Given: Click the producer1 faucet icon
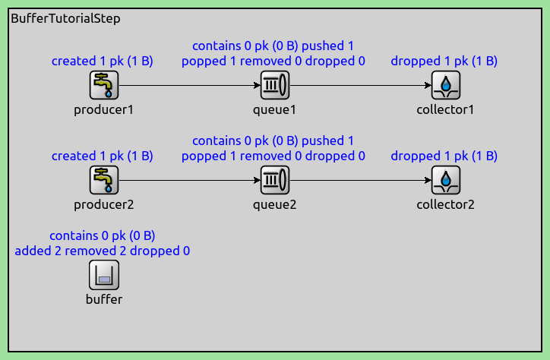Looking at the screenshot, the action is pos(104,85).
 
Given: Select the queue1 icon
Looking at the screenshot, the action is pos(275,85).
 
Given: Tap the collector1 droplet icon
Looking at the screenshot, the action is pos(445,85).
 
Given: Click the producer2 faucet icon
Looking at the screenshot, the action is pos(104,180).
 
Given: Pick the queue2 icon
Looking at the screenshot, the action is pos(275,180).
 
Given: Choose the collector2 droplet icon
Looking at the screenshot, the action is pos(445,180).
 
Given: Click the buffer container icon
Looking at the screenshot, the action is pos(104,275).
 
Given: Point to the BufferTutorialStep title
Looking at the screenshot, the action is pos(65,18).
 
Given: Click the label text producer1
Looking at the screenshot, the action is pos(104,109).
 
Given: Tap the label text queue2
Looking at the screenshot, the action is pos(275,205).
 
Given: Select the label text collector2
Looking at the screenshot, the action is pos(445,204).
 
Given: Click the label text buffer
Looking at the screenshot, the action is pos(104,299).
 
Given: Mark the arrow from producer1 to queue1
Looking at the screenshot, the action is pos(189,85).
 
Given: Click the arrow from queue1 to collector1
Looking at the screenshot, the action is pos(360,85).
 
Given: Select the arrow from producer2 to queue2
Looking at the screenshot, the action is pos(189,180).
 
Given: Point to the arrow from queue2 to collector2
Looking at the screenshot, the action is pos(360,180).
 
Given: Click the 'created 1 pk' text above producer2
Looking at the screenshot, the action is pos(87,156).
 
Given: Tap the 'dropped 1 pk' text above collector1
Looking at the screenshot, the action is pos(429,61).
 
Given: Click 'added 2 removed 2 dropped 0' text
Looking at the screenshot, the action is pos(103,251).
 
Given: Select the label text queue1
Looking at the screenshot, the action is pos(275,109).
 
